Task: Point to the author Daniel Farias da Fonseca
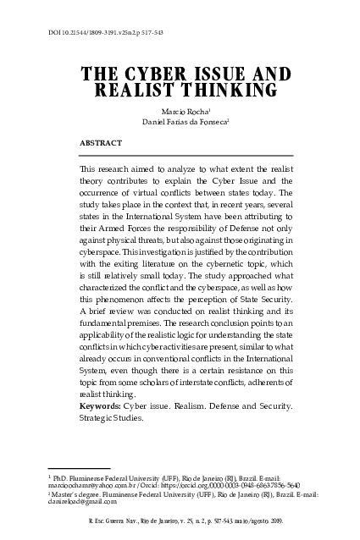179,123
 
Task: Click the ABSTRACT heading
98,143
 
